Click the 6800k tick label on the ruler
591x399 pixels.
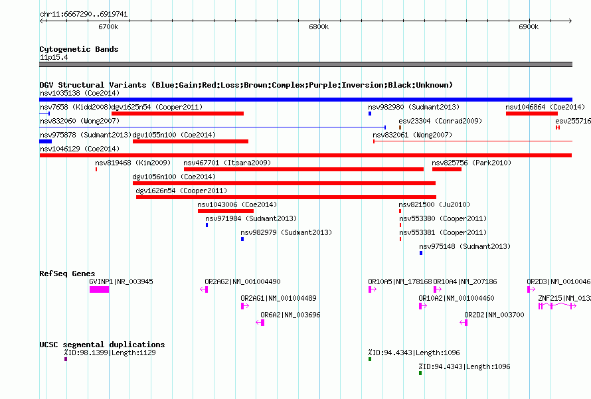tap(319, 27)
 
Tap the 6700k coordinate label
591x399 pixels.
tap(108, 27)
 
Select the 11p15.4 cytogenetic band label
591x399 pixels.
tap(54, 57)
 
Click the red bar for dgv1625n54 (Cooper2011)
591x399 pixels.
tap(177, 114)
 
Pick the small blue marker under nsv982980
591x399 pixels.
tap(370, 114)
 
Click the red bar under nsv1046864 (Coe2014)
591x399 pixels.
tap(532, 114)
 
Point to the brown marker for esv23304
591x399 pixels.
tap(400, 127)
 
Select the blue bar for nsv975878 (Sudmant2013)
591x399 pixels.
tap(46, 141)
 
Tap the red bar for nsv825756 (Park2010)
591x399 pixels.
tap(447, 169)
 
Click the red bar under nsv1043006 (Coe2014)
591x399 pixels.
tap(226, 211)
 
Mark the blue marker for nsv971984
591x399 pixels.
tap(207, 225)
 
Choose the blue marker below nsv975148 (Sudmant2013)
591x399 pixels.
tap(421, 253)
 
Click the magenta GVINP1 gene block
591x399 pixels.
tap(99, 289)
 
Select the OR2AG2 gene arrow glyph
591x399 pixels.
tap(204, 289)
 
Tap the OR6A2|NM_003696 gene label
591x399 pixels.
tap(290, 315)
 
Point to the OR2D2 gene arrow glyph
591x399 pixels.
tap(464, 323)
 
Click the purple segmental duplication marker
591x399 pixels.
tap(66, 359)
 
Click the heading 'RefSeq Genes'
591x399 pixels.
tap(67, 274)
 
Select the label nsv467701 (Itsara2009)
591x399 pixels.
tap(227, 163)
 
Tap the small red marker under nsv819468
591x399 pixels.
tap(96, 169)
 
